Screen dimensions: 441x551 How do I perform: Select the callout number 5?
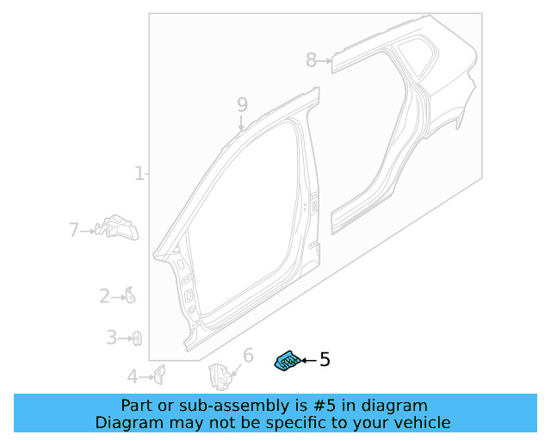(x=325, y=360)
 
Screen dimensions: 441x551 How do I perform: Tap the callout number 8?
(x=311, y=59)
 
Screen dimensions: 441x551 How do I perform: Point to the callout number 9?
(x=242, y=104)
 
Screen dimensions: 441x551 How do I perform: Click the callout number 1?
(x=139, y=174)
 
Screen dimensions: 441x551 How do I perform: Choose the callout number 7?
(x=73, y=230)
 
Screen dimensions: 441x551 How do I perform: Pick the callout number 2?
(x=104, y=296)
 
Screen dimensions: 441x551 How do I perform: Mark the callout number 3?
(x=111, y=338)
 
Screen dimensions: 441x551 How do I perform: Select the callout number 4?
(x=132, y=376)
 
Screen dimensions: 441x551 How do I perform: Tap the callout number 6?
(x=248, y=356)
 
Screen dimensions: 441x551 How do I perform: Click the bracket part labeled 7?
(x=117, y=227)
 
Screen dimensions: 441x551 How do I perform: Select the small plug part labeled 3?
(x=136, y=339)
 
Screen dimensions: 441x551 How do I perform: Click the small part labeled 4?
(x=158, y=374)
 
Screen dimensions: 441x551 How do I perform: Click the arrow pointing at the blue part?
(x=307, y=362)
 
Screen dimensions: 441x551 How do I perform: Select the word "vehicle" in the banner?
(x=419, y=422)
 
